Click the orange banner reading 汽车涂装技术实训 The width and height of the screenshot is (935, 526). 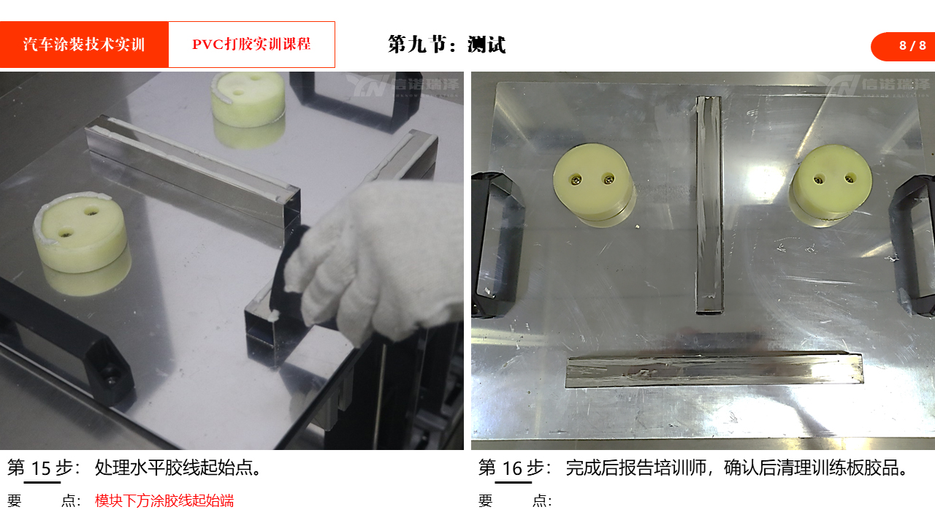click(84, 45)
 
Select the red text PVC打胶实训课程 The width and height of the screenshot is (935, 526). click(251, 44)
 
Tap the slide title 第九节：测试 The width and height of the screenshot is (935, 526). click(446, 45)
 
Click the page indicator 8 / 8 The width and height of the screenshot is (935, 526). click(912, 45)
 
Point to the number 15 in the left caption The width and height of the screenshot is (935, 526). click(41, 468)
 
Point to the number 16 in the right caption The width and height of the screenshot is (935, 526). click(512, 468)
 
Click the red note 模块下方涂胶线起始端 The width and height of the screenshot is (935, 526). click(164, 500)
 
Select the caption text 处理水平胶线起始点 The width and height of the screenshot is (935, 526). click(178, 468)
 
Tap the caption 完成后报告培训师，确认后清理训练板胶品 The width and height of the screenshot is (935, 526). click(737, 468)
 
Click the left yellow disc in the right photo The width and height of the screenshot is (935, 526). click(592, 183)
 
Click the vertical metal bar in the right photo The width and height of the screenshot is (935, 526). click(709, 205)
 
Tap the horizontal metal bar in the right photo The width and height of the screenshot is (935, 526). click(714, 370)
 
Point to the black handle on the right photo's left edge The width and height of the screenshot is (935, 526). click(497, 244)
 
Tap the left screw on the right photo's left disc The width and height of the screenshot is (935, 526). click(576, 180)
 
